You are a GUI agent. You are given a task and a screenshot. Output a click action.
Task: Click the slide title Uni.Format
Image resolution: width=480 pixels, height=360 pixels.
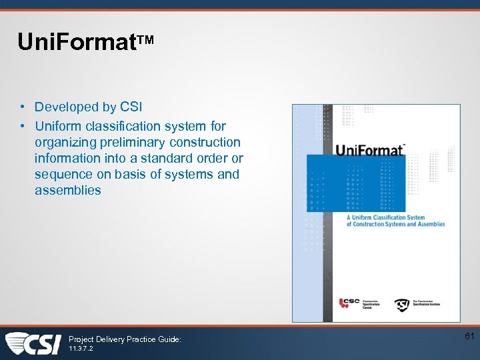[x=77, y=42]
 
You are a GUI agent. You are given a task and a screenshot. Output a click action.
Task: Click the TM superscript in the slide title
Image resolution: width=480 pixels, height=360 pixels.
[x=147, y=40]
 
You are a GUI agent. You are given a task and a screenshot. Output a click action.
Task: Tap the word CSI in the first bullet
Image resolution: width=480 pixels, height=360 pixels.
[x=131, y=107]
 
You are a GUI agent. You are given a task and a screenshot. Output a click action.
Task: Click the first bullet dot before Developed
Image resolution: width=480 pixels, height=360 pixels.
[x=23, y=107]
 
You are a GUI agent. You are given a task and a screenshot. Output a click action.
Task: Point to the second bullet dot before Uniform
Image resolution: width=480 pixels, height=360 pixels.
[x=23, y=126]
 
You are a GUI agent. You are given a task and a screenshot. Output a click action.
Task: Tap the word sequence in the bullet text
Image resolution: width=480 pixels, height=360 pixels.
[x=62, y=174]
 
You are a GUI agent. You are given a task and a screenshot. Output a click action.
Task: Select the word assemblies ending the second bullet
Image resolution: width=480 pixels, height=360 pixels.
[x=68, y=190]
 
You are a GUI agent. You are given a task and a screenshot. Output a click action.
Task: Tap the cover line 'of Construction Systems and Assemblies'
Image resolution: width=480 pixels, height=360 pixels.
[x=395, y=225]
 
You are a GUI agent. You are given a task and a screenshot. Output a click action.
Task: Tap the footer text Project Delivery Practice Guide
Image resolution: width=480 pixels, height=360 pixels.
[x=125, y=339]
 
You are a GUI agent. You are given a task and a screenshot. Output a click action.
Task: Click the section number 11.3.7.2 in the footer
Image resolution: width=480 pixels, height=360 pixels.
[x=81, y=349]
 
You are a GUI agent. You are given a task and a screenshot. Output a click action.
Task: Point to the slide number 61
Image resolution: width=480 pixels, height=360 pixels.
[x=469, y=337]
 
